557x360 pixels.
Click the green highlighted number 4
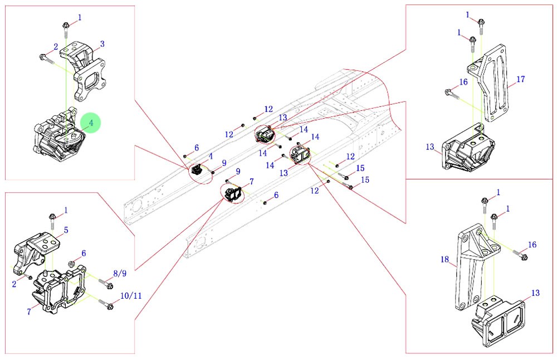tap(90, 122)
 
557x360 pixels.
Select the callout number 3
tap(102, 43)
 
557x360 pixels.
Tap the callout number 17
tap(520, 80)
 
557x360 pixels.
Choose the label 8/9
tap(120, 274)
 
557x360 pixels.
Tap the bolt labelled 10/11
tap(108, 305)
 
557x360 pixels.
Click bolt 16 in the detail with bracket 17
tap(450, 93)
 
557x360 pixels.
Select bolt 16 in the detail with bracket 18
tap(521, 256)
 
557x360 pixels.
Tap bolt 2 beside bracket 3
tap(45, 57)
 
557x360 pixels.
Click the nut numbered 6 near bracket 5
tap(71, 263)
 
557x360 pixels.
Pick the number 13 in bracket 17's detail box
tap(430, 147)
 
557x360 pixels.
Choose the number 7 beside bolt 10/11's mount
tap(28, 312)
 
